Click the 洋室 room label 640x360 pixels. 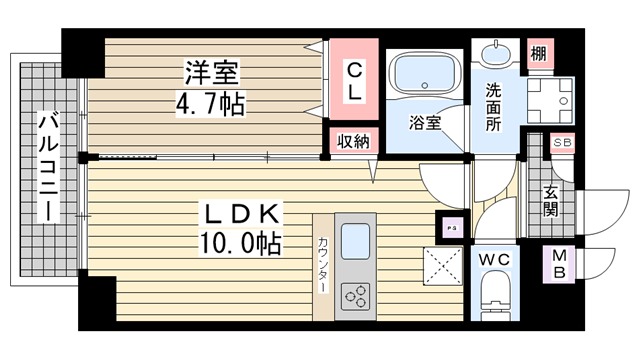(x=212, y=73)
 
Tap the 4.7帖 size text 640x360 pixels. (x=211, y=104)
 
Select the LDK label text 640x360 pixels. (x=240, y=213)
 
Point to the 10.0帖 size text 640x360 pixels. (x=240, y=243)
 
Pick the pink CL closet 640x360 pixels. (x=354, y=79)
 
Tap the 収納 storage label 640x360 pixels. (x=353, y=141)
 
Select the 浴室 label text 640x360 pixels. (x=425, y=122)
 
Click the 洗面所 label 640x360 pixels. (x=493, y=107)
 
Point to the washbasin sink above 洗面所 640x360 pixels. (x=496, y=53)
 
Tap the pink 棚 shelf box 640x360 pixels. (x=540, y=53)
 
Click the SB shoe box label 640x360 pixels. (x=562, y=143)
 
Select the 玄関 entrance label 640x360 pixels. (x=550, y=202)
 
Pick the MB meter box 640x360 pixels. (x=559, y=264)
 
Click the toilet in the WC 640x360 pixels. (x=495, y=295)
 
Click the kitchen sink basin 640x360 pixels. (x=355, y=241)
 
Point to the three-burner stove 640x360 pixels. (x=356, y=296)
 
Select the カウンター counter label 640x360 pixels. (x=322, y=264)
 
